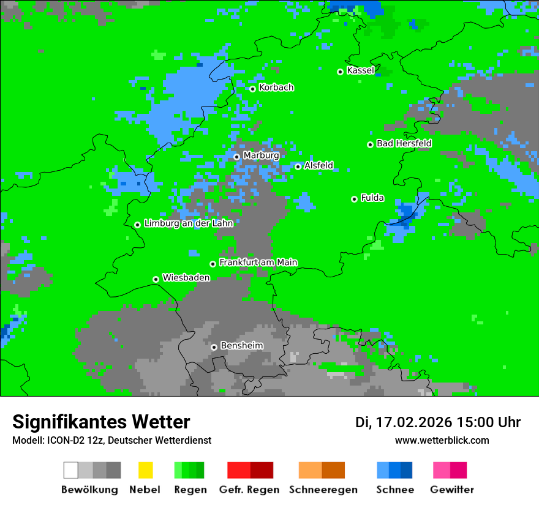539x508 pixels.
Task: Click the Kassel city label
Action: click(360, 70)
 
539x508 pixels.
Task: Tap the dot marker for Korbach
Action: click(252, 89)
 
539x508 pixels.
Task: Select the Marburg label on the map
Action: click(261, 155)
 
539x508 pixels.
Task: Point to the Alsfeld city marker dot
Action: click(298, 166)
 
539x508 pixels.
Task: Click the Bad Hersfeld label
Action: click(404, 143)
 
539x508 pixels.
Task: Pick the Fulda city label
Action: click(372, 198)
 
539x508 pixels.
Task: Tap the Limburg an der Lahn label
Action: click(189, 223)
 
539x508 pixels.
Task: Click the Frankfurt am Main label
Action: click(258, 262)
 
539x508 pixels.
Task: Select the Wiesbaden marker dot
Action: click(156, 279)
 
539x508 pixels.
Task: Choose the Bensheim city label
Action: click(241, 345)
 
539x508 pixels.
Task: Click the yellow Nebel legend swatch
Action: click(145, 470)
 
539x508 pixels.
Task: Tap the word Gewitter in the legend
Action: click(452, 490)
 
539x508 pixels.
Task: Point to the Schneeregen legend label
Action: click(323, 490)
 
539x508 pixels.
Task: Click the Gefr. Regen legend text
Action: click(249, 490)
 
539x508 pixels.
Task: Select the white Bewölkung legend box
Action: click(71, 470)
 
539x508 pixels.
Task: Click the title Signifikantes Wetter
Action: click(101, 422)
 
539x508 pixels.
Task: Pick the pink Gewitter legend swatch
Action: click(442, 470)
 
